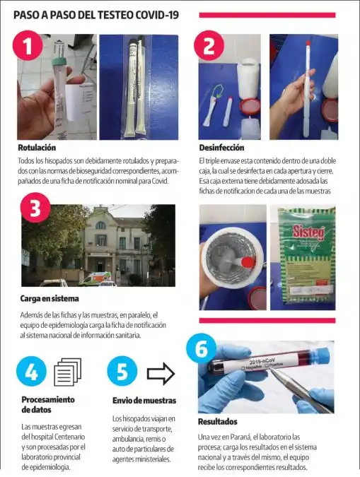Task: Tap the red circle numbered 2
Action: coord(209,47)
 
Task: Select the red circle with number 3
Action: coord(35,208)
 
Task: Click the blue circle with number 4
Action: coord(32,371)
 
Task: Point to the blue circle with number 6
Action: coord(202,348)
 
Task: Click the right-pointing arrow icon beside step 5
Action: coord(161,372)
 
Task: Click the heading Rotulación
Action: coord(37,148)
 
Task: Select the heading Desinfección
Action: coord(221,148)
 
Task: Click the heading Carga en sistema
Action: coord(49,299)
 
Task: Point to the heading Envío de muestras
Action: coord(144,401)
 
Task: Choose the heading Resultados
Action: coord(217,422)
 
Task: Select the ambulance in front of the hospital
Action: coord(92,278)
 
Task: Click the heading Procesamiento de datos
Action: coord(48,404)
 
